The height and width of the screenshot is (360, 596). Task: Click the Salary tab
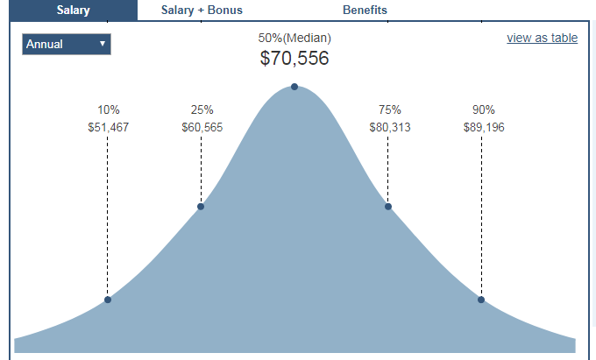point(74,10)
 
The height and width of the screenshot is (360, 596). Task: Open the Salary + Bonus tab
point(202,10)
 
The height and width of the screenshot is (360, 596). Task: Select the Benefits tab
point(365,10)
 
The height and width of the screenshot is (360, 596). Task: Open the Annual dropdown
point(67,44)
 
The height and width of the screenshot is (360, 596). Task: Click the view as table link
point(542,38)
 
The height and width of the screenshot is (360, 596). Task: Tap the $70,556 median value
point(294,59)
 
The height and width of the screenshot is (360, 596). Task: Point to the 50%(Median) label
point(294,39)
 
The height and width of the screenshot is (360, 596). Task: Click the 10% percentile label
point(109,109)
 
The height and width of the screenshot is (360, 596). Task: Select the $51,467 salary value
point(109,127)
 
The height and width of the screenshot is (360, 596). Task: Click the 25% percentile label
point(202,109)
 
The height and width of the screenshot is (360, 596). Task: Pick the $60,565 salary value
point(202,127)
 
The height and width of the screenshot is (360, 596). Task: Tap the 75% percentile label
point(389,109)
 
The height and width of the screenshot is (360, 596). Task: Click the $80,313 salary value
point(389,127)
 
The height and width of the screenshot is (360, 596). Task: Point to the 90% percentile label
point(484,109)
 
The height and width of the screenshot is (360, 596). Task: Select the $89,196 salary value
point(484,127)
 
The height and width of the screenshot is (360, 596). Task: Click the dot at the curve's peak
point(294,86)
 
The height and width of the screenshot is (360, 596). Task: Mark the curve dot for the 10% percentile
point(108,300)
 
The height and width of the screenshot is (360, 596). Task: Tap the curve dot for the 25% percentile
point(201,207)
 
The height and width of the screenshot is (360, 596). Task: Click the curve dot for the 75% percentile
point(387,207)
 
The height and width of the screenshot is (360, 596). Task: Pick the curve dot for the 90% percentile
point(481,300)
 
